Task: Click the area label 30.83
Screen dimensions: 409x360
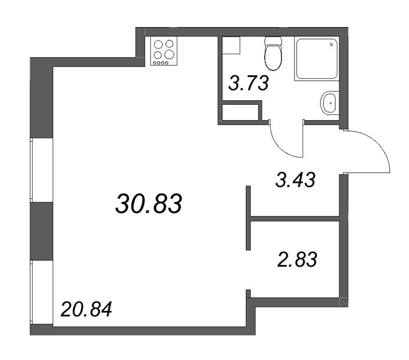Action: point(149,204)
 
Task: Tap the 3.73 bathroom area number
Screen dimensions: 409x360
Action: point(248,83)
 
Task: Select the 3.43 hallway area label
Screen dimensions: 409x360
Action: point(296,180)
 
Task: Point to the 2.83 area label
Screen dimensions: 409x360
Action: point(297,260)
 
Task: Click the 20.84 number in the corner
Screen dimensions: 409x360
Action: point(86,309)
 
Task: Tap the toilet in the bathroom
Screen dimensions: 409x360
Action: point(273,53)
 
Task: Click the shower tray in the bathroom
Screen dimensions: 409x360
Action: point(316,59)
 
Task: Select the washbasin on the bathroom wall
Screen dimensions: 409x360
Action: point(330,103)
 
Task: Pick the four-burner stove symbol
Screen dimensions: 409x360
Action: point(164,51)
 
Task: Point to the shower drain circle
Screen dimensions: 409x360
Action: point(331,44)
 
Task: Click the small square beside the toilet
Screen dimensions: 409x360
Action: point(231,45)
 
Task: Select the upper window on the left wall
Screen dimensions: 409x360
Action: point(42,170)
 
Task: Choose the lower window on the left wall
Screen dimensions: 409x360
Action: point(42,292)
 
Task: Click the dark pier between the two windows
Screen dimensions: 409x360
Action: point(42,231)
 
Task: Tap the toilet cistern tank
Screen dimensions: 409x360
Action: point(273,41)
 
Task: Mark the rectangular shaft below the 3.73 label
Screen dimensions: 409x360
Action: point(240,112)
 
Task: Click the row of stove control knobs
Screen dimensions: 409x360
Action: point(160,63)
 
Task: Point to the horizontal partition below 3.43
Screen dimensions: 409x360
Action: point(295,219)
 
